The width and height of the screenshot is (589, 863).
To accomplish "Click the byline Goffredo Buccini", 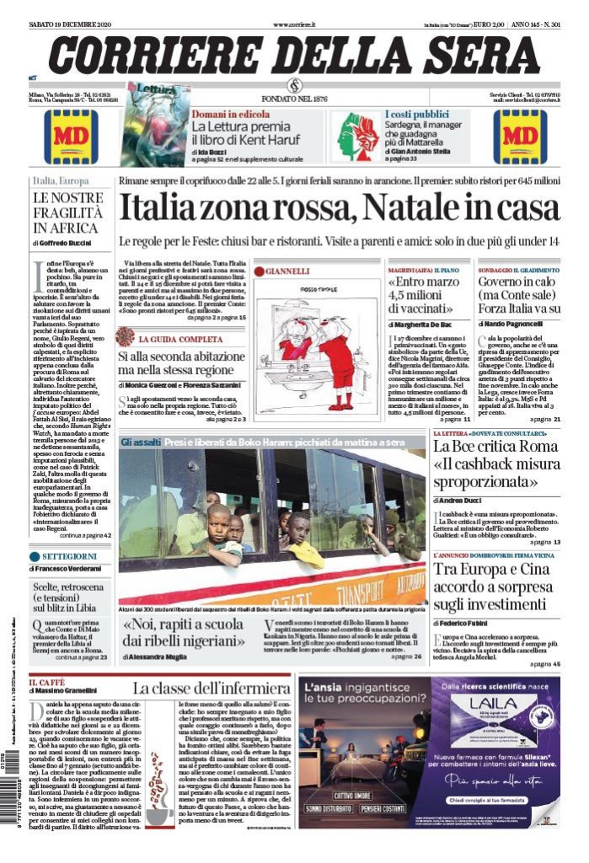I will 66,243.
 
